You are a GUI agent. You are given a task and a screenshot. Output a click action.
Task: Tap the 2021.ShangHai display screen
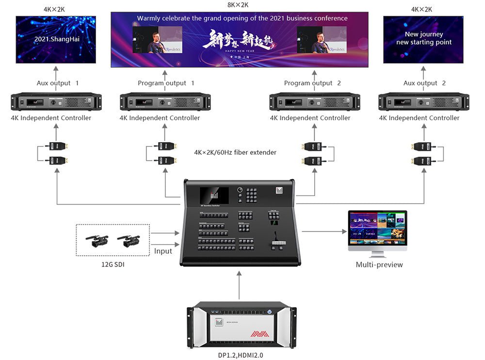click(x=56, y=39)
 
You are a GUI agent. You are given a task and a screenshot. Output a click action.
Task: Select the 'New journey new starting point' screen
click(x=423, y=39)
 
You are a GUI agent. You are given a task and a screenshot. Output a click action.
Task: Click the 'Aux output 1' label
click(x=58, y=83)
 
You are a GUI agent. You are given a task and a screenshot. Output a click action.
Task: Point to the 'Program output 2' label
click(x=312, y=83)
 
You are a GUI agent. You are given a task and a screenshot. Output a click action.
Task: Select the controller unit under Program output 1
click(x=165, y=102)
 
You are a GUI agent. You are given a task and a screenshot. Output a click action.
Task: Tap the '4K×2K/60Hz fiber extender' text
click(x=235, y=152)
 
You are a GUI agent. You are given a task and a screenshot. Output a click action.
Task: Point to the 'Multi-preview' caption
click(x=379, y=264)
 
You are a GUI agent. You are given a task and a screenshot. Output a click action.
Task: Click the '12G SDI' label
click(x=113, y=265)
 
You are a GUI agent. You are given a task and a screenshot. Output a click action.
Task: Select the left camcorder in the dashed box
click(x=97, y=240)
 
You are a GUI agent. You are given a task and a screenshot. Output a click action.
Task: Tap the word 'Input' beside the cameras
click(x=163, y=251)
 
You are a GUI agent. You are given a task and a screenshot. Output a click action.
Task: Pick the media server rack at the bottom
click(x=242, y=325)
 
